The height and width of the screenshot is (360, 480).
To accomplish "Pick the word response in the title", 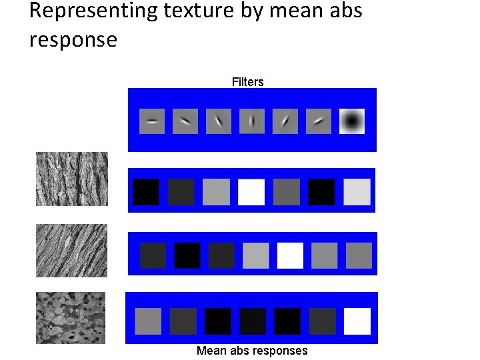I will pos(73,40).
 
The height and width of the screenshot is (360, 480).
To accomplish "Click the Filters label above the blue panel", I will pos(248,82).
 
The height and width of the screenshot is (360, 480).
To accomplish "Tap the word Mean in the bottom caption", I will pos(211,351).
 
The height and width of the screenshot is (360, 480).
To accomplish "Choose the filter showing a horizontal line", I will pos(152,121).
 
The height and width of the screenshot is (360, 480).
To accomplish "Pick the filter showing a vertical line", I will pos(252,121).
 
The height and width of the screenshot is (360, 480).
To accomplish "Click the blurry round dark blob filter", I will pos(352,121).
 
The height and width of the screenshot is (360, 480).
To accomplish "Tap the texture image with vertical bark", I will pos(71,179).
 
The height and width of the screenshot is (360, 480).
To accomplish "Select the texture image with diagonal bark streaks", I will pos(71,251).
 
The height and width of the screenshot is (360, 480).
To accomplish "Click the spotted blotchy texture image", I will pos(71,317).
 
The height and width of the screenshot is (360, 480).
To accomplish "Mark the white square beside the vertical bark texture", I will pos(251,192).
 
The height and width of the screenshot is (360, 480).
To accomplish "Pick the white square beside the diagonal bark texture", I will pos(290,255).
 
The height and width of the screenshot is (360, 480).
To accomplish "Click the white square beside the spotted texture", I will pos(357,321).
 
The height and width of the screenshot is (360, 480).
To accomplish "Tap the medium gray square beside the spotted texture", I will pos(148,321).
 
